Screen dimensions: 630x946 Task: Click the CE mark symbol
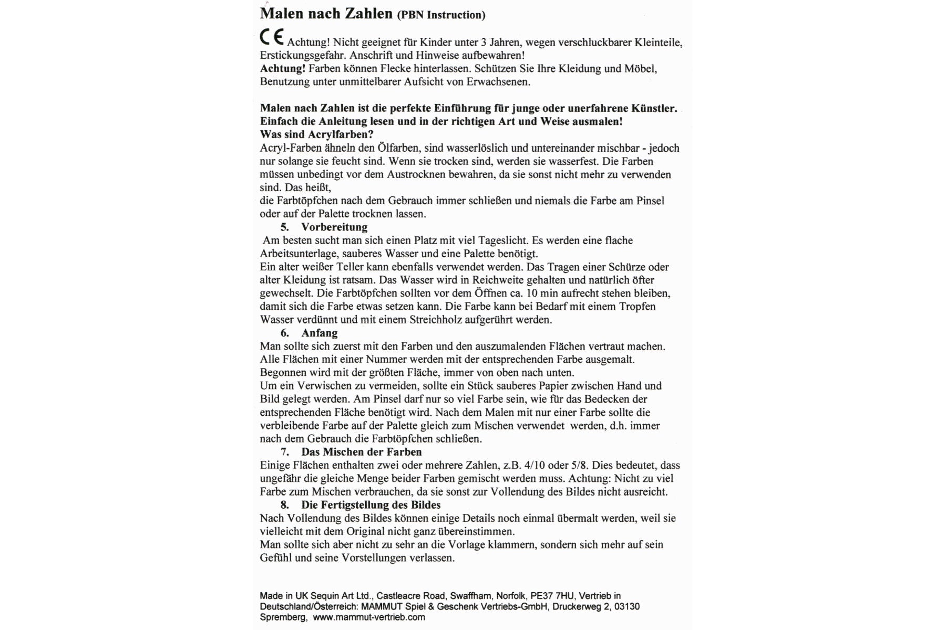(x=272, y=37)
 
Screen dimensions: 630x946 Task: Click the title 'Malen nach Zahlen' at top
(x=326, y=14)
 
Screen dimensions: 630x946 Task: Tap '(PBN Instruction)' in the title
(x=441, y=15)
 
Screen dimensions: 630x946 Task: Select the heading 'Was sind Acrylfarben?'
(x=316, y=134)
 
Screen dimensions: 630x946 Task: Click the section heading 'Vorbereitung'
(x=334, y=227)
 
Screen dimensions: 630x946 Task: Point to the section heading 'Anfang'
(x=320, y=333)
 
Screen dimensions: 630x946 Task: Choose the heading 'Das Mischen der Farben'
(x=362, y=452)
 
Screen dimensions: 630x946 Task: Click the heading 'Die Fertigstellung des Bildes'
(x=371, y=505)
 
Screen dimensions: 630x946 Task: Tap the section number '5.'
(x=284, y=227)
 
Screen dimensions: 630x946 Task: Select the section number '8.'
(x=284, y=505)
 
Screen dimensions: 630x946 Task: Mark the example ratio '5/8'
(x=580, y=465)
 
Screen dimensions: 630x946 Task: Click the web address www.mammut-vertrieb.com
(x=369, y=617)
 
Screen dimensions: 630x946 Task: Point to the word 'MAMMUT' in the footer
(x=397, y=607)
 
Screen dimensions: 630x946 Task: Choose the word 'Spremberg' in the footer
(x=283, y=617)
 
